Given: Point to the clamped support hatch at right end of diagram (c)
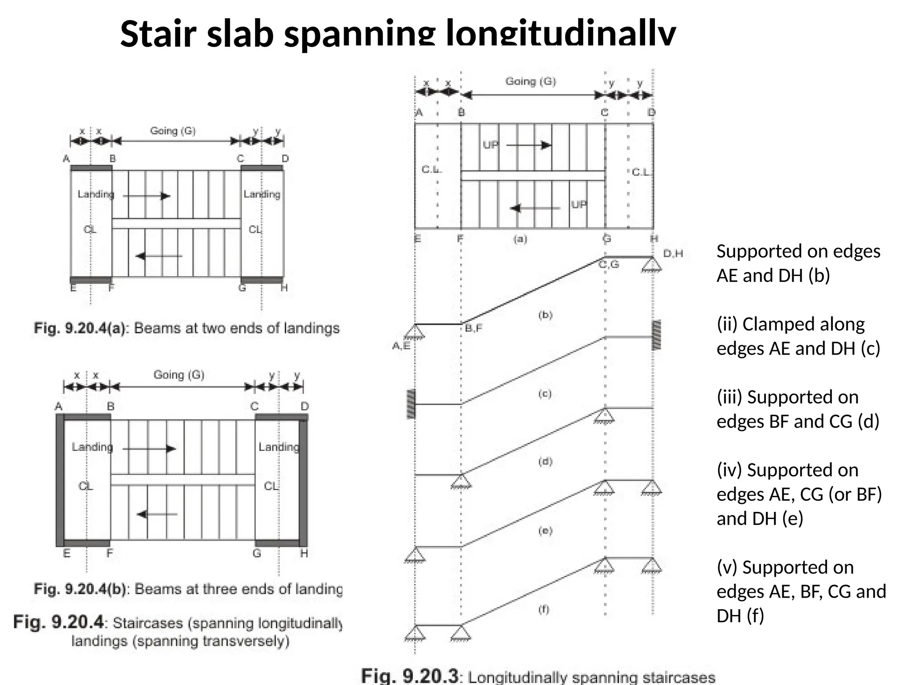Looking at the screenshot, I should click(656, 334).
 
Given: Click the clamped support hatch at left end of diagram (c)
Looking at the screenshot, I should click(411, 404).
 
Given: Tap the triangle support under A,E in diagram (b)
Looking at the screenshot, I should click(415, 332).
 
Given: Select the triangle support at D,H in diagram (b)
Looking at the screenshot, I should click(652, 265).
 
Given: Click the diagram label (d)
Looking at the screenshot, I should click(545, 462).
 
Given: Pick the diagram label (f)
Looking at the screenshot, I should click(544, 609).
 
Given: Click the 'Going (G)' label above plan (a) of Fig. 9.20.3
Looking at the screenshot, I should click(531, 82).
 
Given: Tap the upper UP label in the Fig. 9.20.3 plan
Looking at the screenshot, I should click(490, 145).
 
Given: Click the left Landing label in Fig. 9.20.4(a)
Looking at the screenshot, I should click(95, 194).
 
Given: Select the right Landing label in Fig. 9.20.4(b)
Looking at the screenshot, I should click(279, 447).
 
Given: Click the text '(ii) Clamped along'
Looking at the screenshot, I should click(790, 324).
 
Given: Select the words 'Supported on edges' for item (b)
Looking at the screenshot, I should click(798, 252).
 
